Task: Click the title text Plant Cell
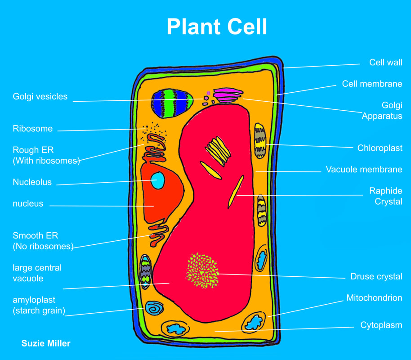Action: tap(217, 27)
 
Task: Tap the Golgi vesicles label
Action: tap(40, 96)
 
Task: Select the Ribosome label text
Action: tap(32, 129)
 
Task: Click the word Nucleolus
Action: tap(32, 182)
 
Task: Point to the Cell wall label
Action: tap(385, 63)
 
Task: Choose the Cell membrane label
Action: tap(372, 84)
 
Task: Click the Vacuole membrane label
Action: tap(364, 170)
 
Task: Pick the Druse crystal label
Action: tap(376, 276)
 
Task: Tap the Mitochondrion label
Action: tap(374, 298)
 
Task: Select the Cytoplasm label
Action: tap(381, 325)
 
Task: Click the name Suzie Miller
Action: tap(46, 343)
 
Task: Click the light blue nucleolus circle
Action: tap(158, 180)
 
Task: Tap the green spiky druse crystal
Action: tap(203, 270)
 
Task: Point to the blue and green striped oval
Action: tap(172, 103)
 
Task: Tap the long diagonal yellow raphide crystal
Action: tap(236, 191)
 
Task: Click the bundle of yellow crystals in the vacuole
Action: tap(218, 149)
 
